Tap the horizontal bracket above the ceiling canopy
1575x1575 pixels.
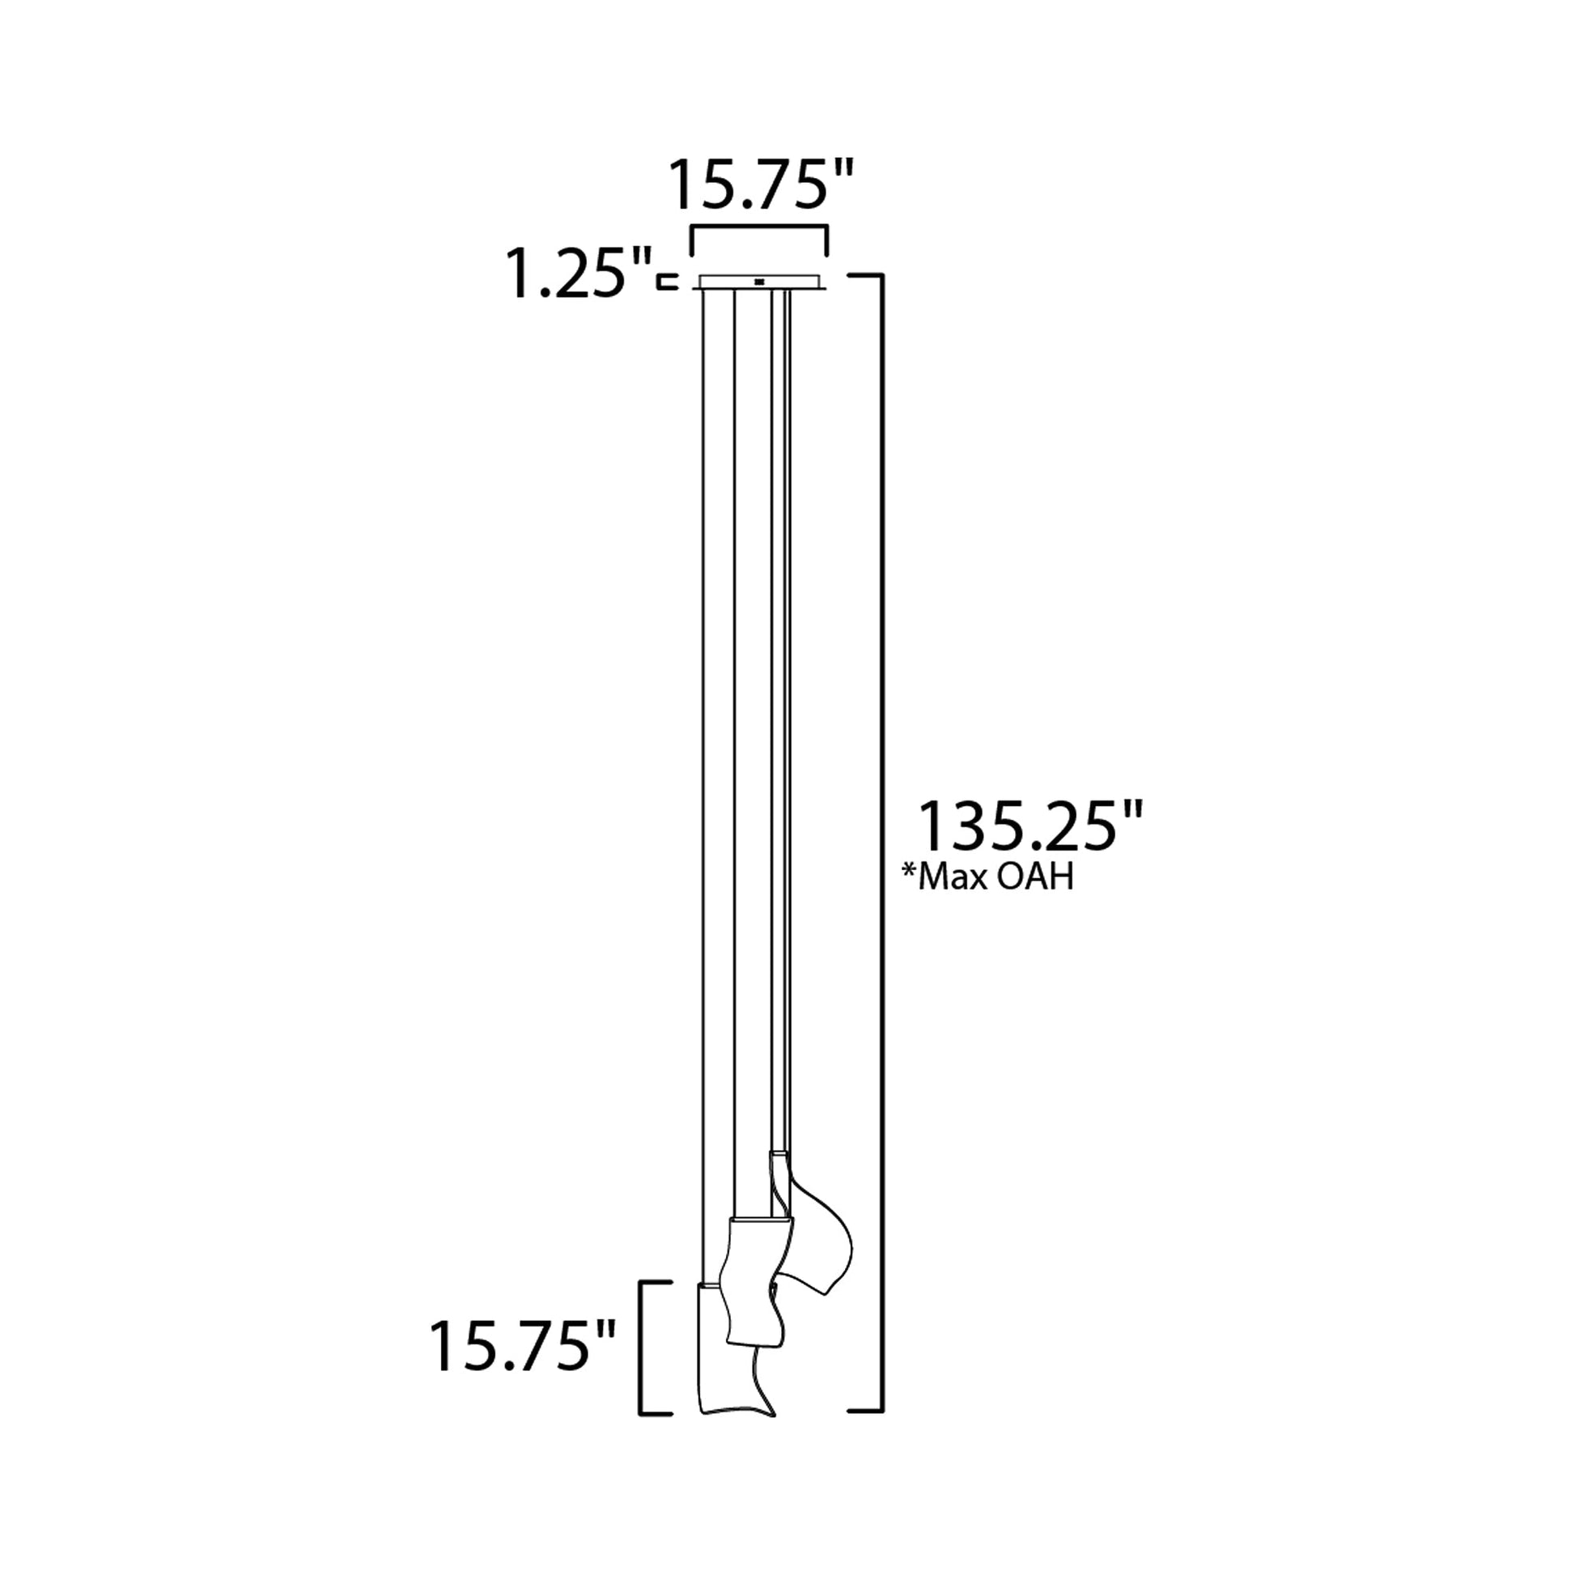point(759,231)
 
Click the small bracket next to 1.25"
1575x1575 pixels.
point(668,282)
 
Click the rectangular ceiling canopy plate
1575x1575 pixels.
point(762,282)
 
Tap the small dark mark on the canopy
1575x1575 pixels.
point(760,282)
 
